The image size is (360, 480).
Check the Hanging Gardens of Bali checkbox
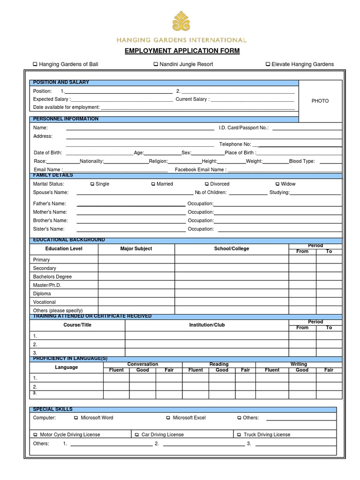(x=35, y=64)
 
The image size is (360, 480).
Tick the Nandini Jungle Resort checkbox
(x=155, y=64)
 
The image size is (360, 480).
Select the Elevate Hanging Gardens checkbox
(x=268, y=64)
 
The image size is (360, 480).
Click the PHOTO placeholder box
(x=320, y=101)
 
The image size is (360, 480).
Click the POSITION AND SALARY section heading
(x=61, y=82)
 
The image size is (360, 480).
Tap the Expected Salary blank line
(x=122, y=99)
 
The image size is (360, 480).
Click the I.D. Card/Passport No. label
(x=243, y=127)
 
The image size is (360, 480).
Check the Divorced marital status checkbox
(x=207, y=184)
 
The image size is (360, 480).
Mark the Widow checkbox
(x=277, y=184)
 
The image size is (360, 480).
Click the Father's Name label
(x=49, y=204)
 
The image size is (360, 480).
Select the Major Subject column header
(x=136, y=249)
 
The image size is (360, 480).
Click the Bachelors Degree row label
(x=52, y=277)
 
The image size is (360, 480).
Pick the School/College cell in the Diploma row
(x=232, y=294)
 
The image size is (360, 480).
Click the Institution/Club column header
(x=207, y=325)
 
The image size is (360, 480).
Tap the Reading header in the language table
(x=219, y=364)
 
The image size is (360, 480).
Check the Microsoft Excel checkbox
(x=168, y=418)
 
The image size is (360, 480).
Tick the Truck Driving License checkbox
(x=239, y=435)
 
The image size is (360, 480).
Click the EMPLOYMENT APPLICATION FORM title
(x=182, y=51)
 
